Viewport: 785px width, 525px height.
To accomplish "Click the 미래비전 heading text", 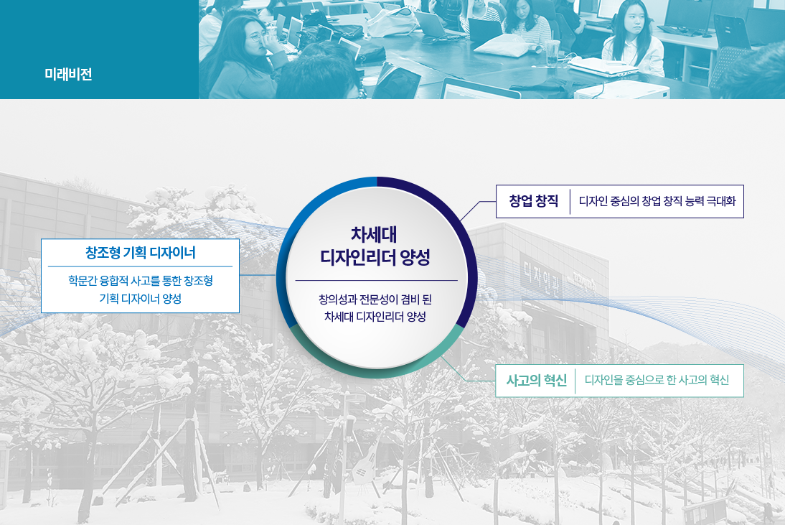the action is pyautogui.click(x=68, y=74).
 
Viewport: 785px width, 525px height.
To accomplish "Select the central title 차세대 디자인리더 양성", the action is pyautogui.click(x=375, y=246).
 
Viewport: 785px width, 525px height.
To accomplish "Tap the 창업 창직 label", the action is pyautogui.click(x=534, y=201).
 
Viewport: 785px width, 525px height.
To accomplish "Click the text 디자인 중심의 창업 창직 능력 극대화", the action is pyautogui.click(x=657, y=201).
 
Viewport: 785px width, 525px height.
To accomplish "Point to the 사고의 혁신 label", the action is pyautogui.click(x=536, y=381).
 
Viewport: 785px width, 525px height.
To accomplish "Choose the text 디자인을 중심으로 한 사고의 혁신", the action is pyautogui.click(x=657, y=380).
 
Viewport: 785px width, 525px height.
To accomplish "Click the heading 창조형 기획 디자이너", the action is pyautogui.click(x=140, y=253).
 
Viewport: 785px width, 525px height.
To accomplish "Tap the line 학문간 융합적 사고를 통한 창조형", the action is pyautogui.click(x=141, y=281).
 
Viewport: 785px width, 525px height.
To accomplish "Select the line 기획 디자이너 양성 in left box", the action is pyautogui.click(x=140, y=299).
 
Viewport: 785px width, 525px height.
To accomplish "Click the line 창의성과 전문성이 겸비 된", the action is pyautogui.click(x=375, y=299).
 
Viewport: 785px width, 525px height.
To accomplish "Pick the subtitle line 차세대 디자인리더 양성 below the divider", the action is pyautogui.click(x=375, y=317).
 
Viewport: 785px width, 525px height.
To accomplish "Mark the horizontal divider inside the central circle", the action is pyautogui.click(x=377, y=281).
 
